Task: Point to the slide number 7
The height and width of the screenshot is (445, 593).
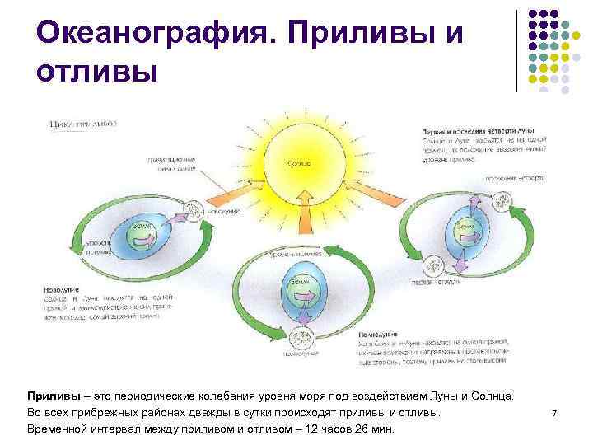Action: pyautogui.click(x=554, y=412)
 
